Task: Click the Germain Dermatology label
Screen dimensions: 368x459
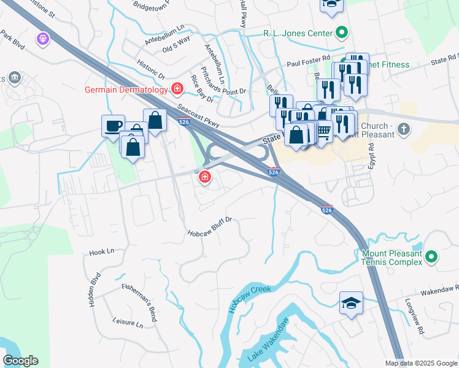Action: point(126,90)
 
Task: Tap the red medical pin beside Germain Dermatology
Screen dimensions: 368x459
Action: point(177,90)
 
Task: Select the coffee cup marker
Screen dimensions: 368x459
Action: point(113,126)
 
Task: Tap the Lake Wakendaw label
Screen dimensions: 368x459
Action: point(268,341)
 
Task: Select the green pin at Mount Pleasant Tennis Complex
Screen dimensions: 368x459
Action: point(431,256)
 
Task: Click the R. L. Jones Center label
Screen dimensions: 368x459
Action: point(298,33)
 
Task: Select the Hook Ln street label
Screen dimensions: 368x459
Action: point(102,251)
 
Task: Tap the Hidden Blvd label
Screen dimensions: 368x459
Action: point(94,296)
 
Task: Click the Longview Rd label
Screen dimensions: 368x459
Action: point(414,316)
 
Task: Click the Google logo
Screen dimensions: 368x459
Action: point(20,361)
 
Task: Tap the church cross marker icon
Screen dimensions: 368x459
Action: point(403,129)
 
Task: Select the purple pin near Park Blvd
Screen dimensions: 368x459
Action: point(42,39)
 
